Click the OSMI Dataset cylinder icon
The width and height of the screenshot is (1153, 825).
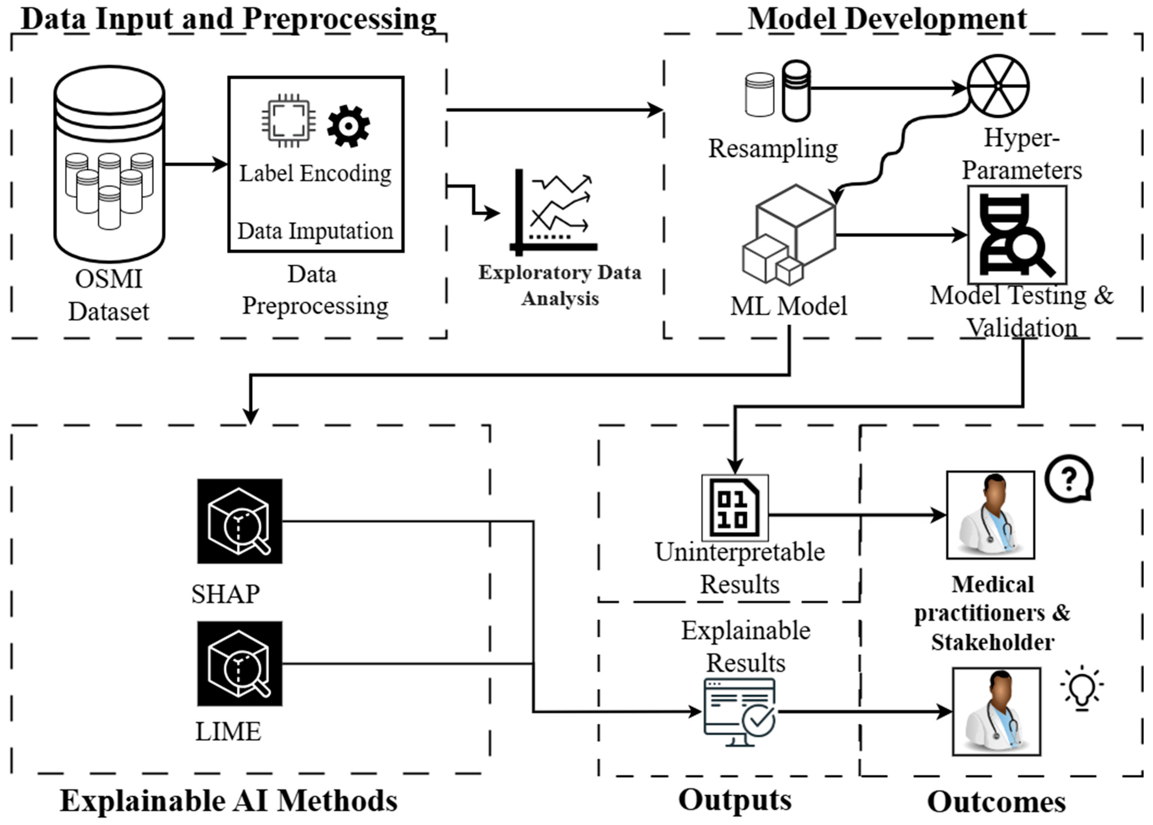pyautogui.click(x=109, y=163)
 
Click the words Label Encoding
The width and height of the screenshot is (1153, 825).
pyautogui.click(x=315, y=174)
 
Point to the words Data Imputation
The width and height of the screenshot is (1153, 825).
pyautogui.click(x=315, y=231)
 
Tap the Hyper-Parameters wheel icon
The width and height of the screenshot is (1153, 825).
pyautogui.click(x=998, y=86)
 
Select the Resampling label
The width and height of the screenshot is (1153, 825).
pyautogui.click(x=773, y=149)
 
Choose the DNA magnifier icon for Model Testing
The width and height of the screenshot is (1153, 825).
pyautogui.click(x=1017, y=235)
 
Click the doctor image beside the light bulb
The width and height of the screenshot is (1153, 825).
pyautogui.click(x=996, y=711)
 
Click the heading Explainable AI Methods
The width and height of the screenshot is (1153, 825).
pyautogui.click(x=229, y=801)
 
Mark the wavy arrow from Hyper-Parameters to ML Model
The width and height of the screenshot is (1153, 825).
pyautogui.click(x=899, y=147)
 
